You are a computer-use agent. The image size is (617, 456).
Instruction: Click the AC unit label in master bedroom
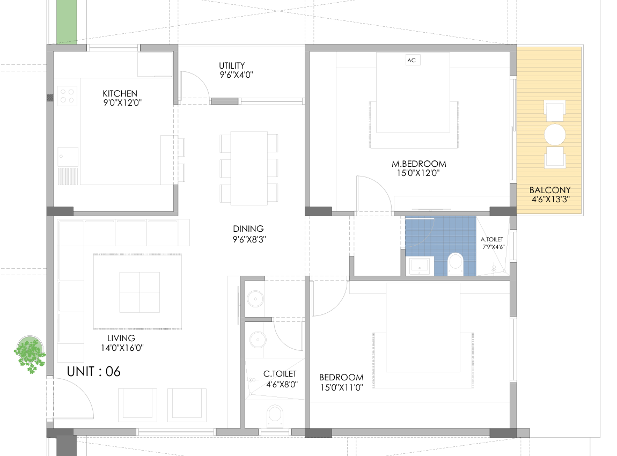(x=412, y=60)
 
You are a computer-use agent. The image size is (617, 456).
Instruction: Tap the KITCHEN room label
(x=120, y=94)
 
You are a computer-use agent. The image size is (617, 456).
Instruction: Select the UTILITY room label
(x=232, y=65)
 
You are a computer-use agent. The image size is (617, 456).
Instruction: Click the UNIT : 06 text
(x=94, y=371)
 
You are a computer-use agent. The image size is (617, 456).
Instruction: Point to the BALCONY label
(x=550, y=190)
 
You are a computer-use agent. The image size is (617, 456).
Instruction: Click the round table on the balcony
(x=555, y=135)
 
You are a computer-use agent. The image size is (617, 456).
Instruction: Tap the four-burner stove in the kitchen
(x=67, y=96)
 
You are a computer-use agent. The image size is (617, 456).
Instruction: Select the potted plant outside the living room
(x=30, y=354)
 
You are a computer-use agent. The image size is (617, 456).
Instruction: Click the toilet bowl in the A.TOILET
(x=456, y=263)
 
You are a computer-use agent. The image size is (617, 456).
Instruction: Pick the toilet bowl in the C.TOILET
(x=275, y=416)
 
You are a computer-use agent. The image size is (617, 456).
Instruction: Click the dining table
(x=249, y=168)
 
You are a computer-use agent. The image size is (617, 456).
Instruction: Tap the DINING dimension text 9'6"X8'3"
(x=249, y=239)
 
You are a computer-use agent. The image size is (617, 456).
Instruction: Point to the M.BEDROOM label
(x=418, y=164)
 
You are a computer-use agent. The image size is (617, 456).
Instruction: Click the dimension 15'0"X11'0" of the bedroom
(x=342, y=387)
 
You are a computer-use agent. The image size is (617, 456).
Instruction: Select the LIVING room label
(x=121, y=338)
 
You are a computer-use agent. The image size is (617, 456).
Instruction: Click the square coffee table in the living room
(x=139, y=292)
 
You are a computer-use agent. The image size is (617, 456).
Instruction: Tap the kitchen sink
(x=68, y=157)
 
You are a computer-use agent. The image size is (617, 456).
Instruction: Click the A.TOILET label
(x=492, y=239)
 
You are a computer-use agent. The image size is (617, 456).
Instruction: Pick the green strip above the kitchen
(x=67, y=21)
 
